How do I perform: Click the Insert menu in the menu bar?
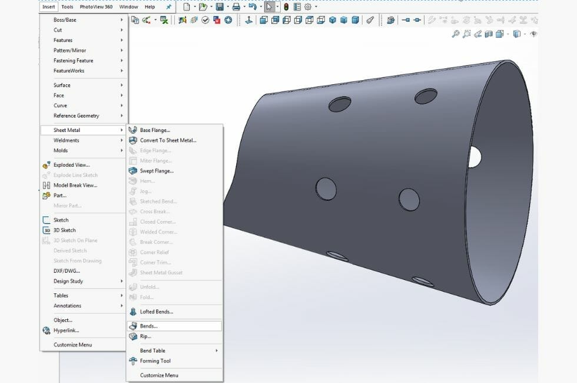[49, 7]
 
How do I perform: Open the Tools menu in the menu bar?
[67, 7]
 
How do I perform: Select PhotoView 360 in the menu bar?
[96, 7]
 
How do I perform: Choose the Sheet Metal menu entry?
[67, 130]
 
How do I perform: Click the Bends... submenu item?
[149, 326]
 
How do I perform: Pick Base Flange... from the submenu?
[155, 130]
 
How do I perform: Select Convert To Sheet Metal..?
[168, 140]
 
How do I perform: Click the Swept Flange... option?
[157, 171]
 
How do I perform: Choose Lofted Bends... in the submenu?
[157, 312]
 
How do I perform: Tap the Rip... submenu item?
[145, 336]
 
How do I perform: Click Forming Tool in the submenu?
[155, 361]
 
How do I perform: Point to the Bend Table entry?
[153, 351]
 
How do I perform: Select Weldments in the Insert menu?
[67, 140]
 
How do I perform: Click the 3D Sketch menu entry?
[65, 230]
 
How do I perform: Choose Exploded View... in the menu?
[72, 165]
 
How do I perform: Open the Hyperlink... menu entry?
[66, 331]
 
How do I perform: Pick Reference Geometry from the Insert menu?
[77, 115]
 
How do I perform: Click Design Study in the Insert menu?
[68, 281]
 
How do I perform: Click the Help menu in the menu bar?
[150, 7]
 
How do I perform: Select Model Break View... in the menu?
[75, 185]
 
